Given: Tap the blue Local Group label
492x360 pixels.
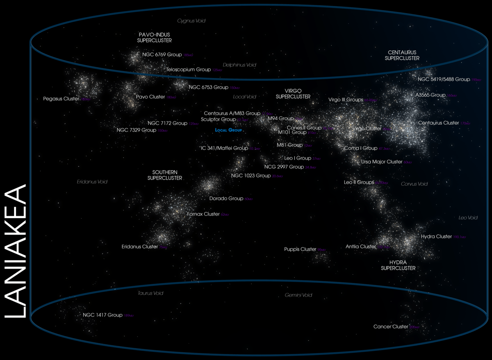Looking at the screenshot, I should (229, 130).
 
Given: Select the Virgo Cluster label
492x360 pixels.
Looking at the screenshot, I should (367, 128).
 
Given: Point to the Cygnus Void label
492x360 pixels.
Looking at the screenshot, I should (191, 21).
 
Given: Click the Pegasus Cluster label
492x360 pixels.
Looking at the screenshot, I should (61, 99).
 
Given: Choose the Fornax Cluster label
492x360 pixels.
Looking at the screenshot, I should (203, 214).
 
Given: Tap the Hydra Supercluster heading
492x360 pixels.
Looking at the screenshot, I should (398, 265).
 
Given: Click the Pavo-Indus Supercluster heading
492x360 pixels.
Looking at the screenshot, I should (154, 38).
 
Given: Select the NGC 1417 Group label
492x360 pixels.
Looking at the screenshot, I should (102, 315).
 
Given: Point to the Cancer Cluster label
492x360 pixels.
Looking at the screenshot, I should (391, 327).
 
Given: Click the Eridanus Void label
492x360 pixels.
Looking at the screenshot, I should (92, 181).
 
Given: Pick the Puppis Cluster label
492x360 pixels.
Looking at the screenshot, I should (300, 249).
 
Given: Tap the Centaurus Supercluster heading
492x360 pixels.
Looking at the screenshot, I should (402, 55).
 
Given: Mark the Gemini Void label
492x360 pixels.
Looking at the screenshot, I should (298, 295).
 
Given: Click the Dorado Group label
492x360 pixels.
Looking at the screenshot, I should (226, 198).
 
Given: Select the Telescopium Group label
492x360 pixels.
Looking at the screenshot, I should (188, 70).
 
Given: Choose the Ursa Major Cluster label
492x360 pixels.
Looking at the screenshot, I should (382, 162).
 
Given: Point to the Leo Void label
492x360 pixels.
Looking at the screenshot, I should (468, 218).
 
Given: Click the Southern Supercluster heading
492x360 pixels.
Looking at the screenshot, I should (164, 175).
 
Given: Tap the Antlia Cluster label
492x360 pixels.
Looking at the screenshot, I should (361, 246).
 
